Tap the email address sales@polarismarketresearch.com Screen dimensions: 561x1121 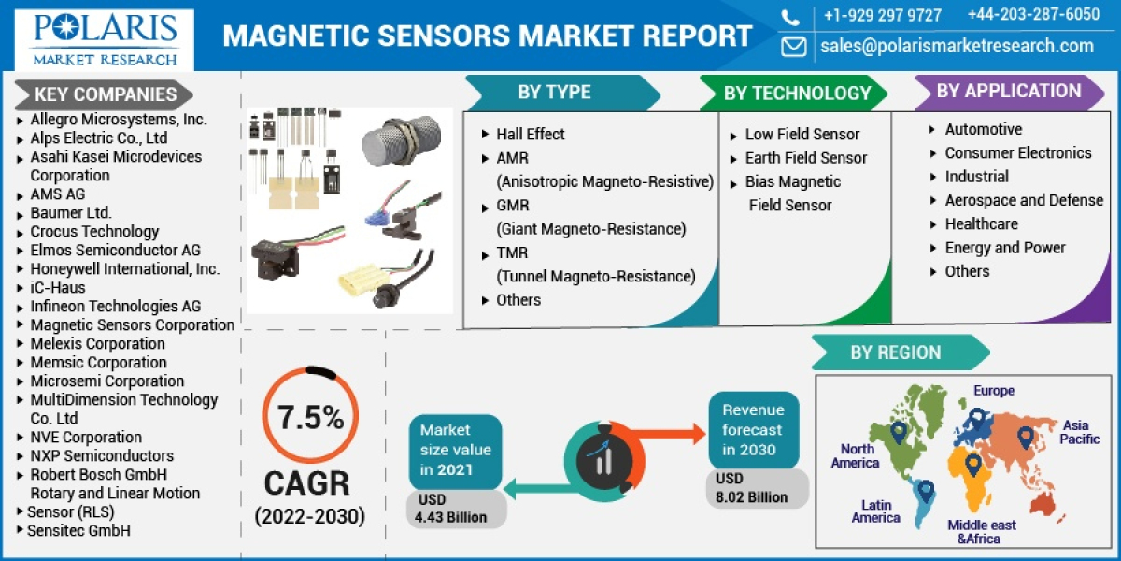[957, 46]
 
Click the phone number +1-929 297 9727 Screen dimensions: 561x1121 [882, 15]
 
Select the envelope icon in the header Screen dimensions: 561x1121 [793, 46]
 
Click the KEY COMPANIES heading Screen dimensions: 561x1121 [105, 94]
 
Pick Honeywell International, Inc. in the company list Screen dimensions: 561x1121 [125, 268]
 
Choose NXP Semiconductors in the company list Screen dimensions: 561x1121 [102, 455]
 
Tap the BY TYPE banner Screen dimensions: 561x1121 [554, 92]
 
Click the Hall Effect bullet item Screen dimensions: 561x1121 [530, 134]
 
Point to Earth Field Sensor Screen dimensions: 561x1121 [805, 158]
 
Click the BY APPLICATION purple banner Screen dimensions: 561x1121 [1008, 91]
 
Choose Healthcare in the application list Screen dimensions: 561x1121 [981, 223]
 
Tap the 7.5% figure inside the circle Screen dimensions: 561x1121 [310, 418]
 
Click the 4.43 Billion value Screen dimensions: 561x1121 [451, 517]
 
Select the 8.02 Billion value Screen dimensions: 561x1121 [751, 496]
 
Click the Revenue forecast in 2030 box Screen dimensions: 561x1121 [753, 429]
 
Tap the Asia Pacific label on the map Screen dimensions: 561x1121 [1080, 432]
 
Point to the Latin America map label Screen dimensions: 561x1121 [875, 511]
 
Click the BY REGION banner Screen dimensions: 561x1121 [895, 352]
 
